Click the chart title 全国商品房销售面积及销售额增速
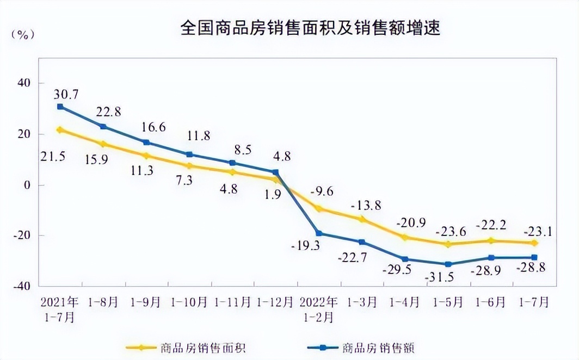[x=310, y=28]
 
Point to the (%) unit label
[x=23, y=34]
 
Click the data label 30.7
[x=66, y=94]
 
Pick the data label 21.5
[x=53, y=156]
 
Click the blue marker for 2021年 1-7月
[x=60, y=107]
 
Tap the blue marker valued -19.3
[x=318, y=233]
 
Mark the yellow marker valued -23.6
[x=448, y=244]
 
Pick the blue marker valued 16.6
[x=146, y=142]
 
